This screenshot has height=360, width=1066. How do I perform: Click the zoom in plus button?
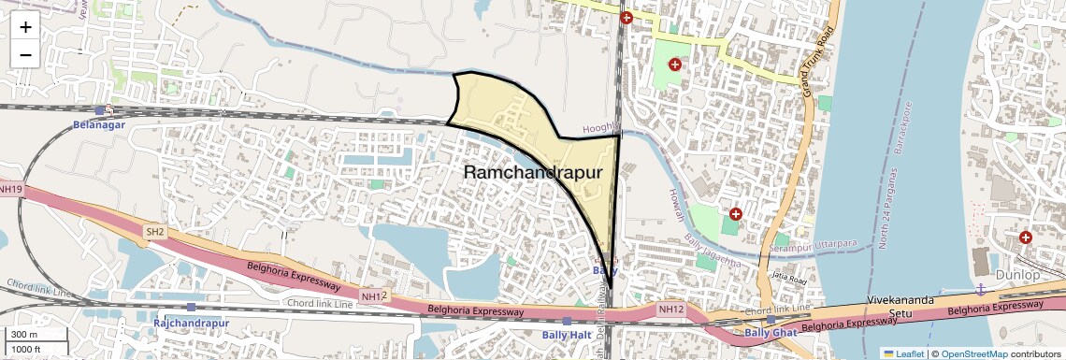pyautogui.click(x=25, y=27)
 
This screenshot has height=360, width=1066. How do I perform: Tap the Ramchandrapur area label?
pyautogui.click(x=530, y=173)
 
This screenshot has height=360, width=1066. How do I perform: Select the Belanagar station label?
pyautogui.click(x=99, y=123)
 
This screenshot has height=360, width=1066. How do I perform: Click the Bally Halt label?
pyautogui.click(x=567, y=334)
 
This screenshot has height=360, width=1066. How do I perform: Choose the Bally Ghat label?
pyautogui.click(x=771, y=332)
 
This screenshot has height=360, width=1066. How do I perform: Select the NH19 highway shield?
pyautogui.click(x=11, y=189)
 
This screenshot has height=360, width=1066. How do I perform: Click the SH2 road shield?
pyautogui.click(x=154, y=231)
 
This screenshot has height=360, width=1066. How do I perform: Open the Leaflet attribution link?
pyautogui.click(x=906, y=353)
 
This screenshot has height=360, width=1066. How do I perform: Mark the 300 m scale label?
pyautogui.click(x=24, y=335)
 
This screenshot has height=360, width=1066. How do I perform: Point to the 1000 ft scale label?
pyautogui.click(x=26, y=350)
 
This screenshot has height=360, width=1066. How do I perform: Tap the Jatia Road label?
pyautogui.click(x=789, y=278)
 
